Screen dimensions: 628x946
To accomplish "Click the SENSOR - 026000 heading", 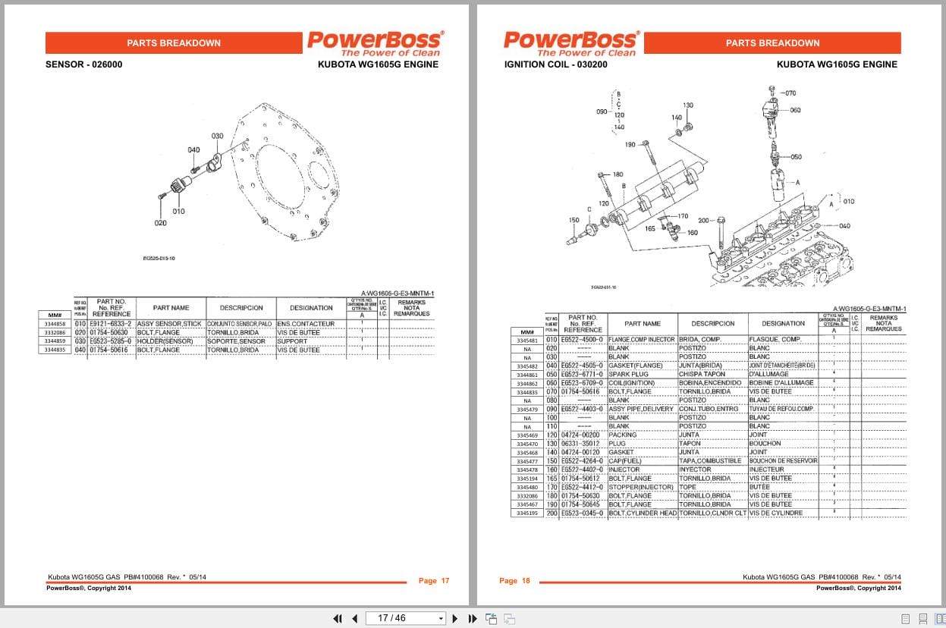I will pos(83,64).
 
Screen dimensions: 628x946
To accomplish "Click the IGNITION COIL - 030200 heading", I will pos(555,64).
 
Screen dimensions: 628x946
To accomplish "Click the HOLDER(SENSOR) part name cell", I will pos(164,341).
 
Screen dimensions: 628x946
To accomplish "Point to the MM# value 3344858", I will pos(55,324).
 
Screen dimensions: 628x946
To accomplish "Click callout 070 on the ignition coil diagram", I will pos(790,93).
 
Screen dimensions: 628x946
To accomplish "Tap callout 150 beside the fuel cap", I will pos(574,221).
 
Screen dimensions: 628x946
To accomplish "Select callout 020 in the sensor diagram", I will pos(160,223).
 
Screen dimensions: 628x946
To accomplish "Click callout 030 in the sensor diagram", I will pos(217,137).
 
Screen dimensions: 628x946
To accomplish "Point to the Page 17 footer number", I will pos(434,581).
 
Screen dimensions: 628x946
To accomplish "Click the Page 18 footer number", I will pos(514,581).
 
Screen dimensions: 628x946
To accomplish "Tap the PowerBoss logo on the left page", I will pos(375,42).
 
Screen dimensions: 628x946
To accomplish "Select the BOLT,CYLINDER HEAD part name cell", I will pos(642,513).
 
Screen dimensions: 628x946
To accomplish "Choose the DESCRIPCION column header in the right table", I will pos(712,323).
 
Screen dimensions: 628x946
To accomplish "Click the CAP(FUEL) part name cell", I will pos(627,461).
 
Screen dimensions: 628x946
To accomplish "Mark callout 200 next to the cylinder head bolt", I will pos(703,220).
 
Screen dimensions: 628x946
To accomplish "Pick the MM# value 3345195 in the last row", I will pos(527,513).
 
